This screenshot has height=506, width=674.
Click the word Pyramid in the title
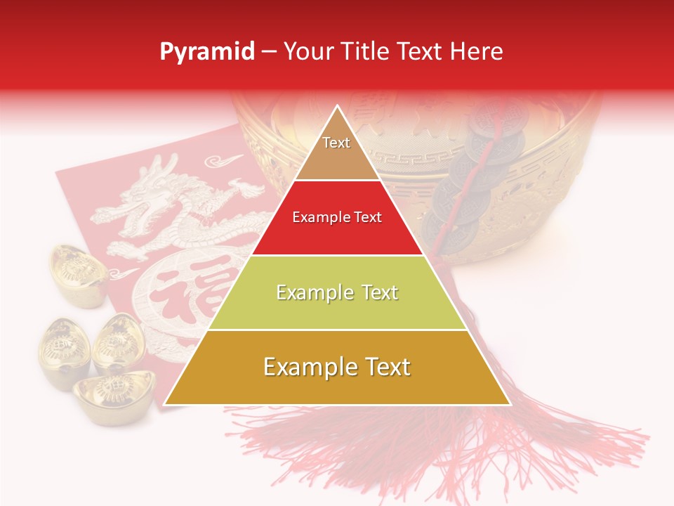(x=207, y=52)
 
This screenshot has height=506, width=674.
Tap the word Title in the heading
(x=365, y=51)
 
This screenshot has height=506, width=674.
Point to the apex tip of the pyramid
(x=338, y=107)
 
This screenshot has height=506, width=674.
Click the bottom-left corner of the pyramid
(x=166, y=403)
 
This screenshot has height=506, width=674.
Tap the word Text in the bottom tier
(x=382, y=367)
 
